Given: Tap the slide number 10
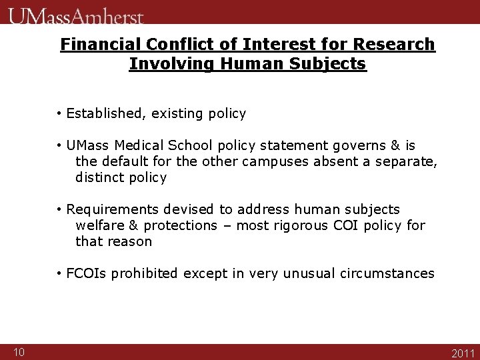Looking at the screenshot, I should [x=19, y=352].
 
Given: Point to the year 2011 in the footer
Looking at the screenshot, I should [x=463, y=353].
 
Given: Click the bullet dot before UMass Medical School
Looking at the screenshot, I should [x=60, y=145].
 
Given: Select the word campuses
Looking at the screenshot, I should [x=275, y=161].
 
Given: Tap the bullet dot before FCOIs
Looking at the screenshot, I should [x=60, y=273].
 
